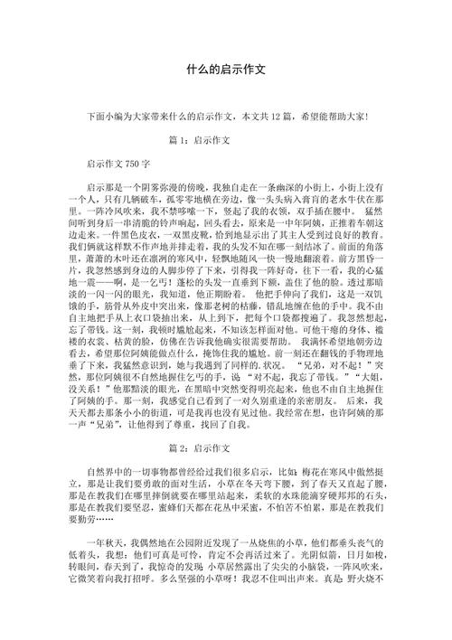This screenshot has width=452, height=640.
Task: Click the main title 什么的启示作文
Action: coord(225,69)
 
